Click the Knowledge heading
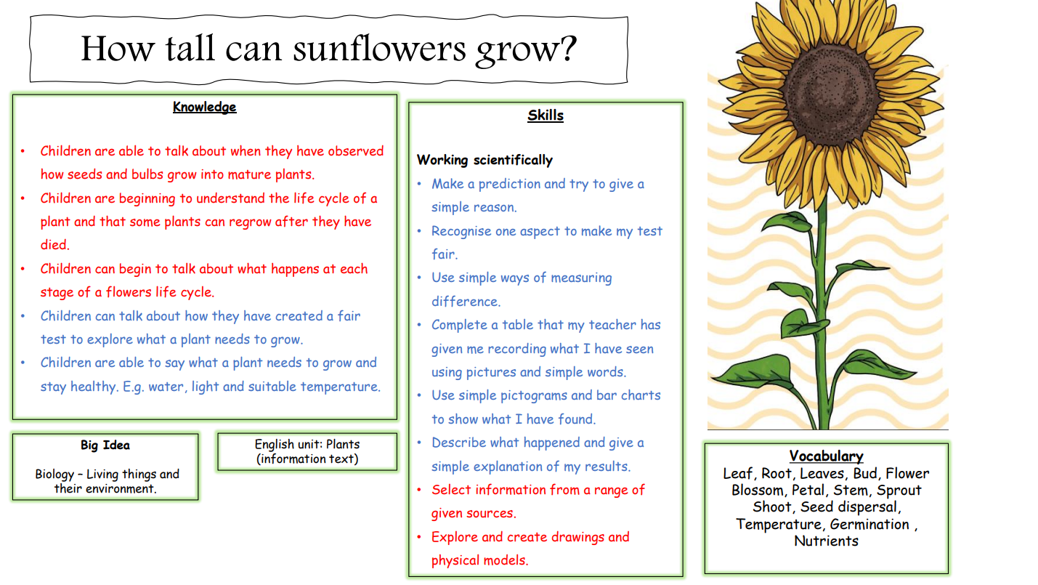tap(204, 107)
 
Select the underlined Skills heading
tap(546, 115)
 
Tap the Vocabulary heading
tap(826, 456)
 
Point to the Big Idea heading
tap(105, 445)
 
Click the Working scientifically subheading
tap(484, 160)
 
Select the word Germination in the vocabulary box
tap(869, 524)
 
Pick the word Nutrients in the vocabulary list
tap(826, 541)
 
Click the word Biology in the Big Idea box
tap(54, 475)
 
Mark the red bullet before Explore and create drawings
tap(419, 537)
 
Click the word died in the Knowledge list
tap(54, 244)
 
